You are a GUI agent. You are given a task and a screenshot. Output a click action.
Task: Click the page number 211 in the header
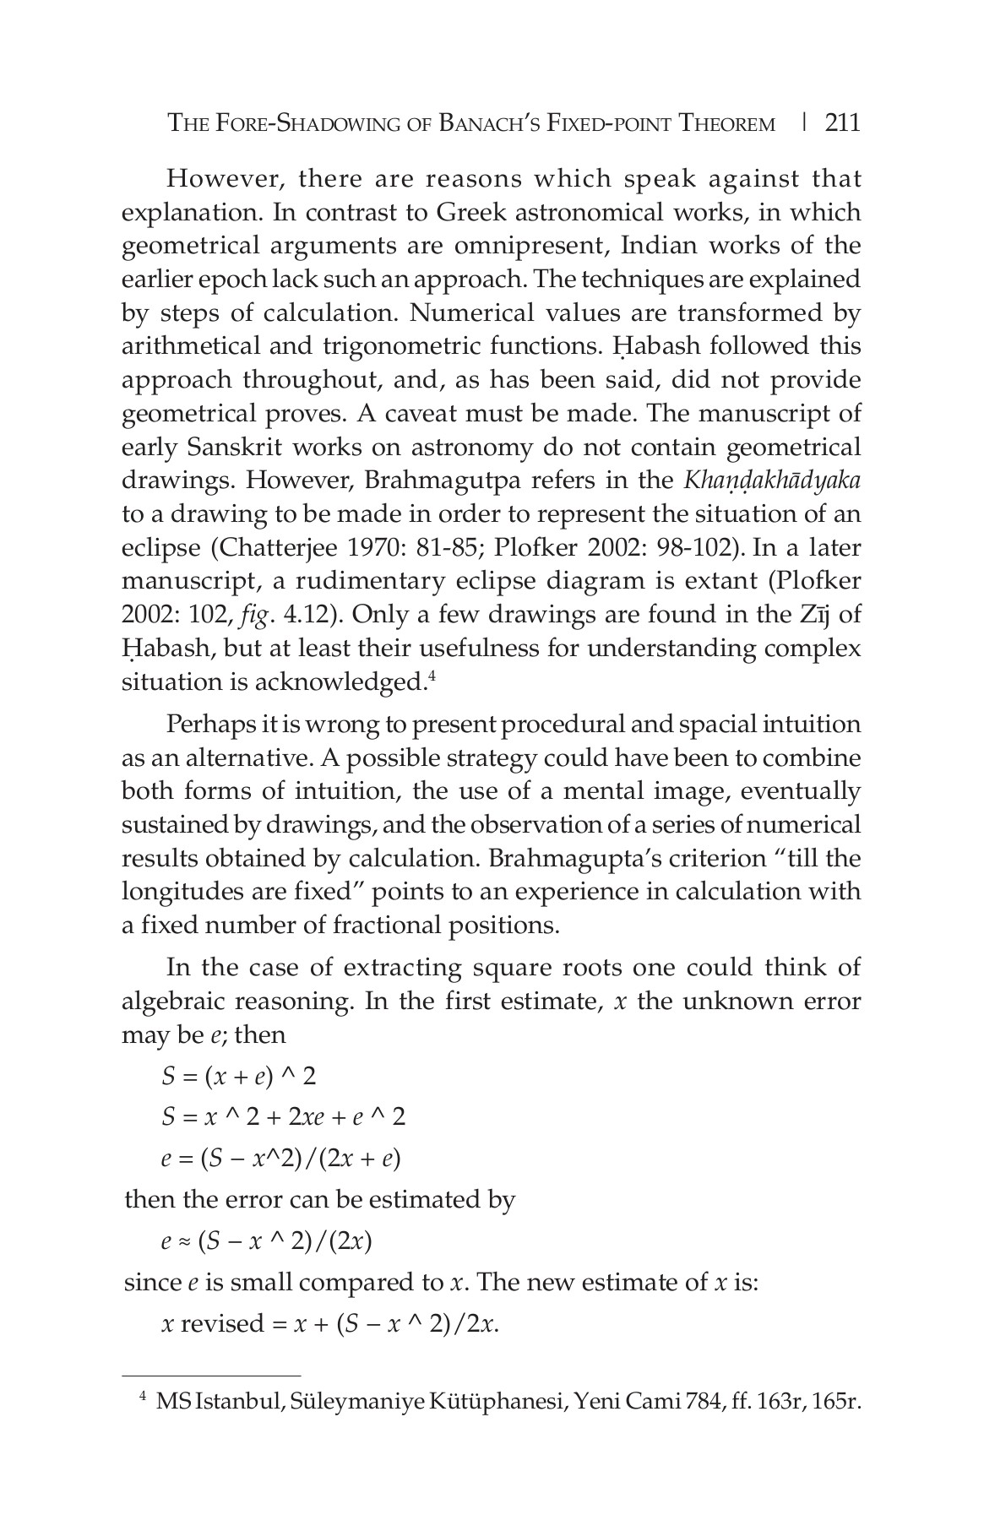click(842, 123)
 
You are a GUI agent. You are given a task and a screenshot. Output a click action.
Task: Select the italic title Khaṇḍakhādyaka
click(772, 480)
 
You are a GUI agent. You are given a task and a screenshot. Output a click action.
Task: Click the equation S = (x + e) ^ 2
click(238, 1076)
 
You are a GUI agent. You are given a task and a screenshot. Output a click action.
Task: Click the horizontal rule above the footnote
click(211, 1375)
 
